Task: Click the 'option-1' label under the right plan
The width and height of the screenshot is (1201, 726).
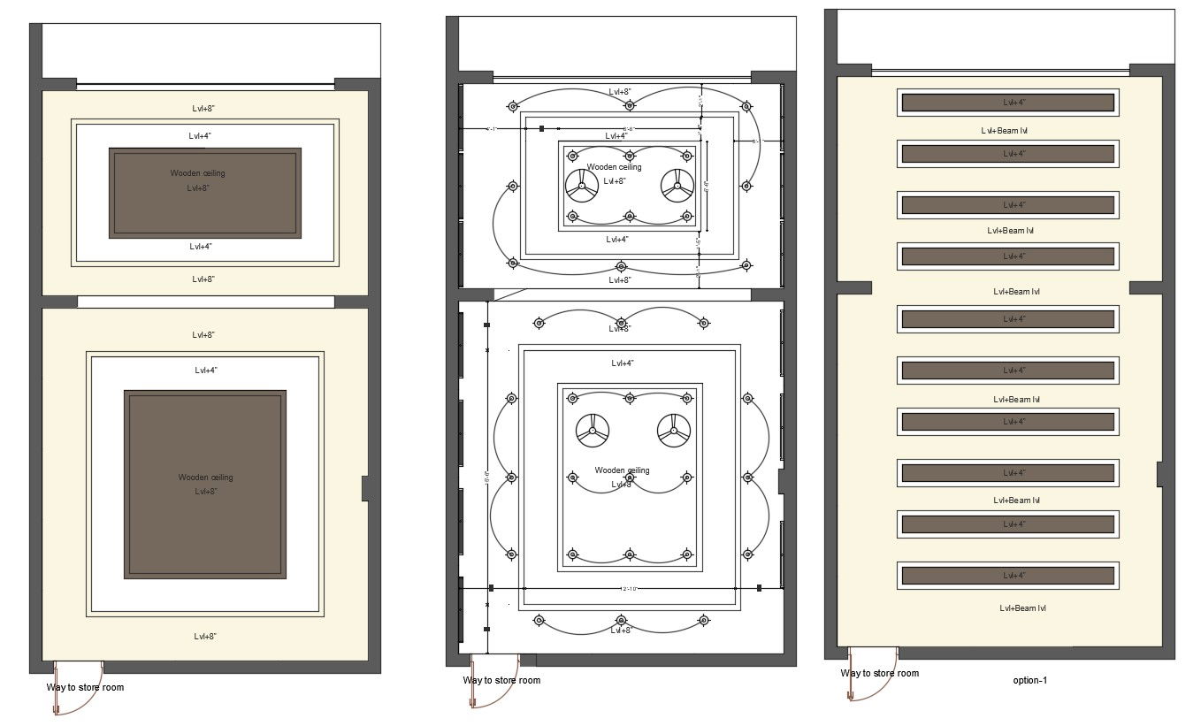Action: pyautogui.click(x=1029, y=680)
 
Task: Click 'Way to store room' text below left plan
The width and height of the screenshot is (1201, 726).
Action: pyautogui.click(x=85, y=687)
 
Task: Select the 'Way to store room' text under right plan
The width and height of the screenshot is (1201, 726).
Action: pyautogui.click(x=879, y=673)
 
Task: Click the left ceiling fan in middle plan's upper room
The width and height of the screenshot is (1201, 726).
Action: pyautogui.click(x=581, y=186)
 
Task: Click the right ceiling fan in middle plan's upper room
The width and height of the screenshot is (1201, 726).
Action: pyautogui.click(x=677, y=186)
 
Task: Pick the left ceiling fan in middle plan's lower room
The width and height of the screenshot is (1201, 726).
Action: pyautogui.click(x=592, y=432)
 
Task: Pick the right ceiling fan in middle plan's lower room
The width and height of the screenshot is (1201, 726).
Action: pyautogui.click(x=673, y=432)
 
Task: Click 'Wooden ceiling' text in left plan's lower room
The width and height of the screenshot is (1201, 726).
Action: pyautogui.click(x=205, y=478)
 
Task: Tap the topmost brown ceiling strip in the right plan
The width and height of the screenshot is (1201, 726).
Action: pyautogui.click(x=1008, y=103)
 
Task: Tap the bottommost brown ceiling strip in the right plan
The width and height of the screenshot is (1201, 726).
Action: pyautogui.click(x=1008, y=576)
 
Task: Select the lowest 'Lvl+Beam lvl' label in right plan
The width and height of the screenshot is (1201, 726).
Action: pyautogui.click(x=1023, y=608)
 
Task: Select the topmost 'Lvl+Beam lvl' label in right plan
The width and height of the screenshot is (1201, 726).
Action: pyautogui.click(x=1004, y=130)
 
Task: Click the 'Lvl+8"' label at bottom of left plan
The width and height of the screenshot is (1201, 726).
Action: pyautogui.click(x=204, y=637)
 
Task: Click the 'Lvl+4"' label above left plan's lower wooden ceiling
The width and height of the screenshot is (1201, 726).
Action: pyautogui.click(x=205, y=371)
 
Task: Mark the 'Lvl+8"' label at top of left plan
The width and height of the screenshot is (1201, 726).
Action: pyautogui.click(x=203, y=108)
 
